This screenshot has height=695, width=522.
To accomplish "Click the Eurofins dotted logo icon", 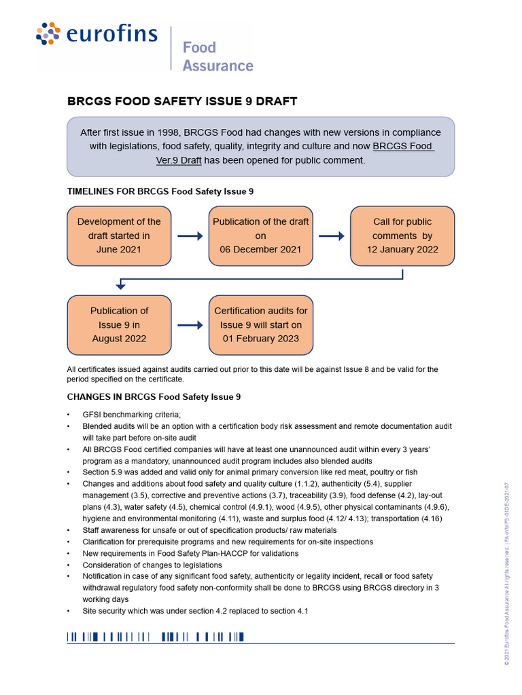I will tap(48, 34).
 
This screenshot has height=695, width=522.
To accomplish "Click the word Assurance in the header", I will tap(217, 66).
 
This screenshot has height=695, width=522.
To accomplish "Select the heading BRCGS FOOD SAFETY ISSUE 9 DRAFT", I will tap(181, 102).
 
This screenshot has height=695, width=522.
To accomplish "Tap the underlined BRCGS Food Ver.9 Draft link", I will tap(404, 146).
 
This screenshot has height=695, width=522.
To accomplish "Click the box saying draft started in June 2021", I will tap(119, 236).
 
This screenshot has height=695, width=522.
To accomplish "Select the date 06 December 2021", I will tap(260, 249).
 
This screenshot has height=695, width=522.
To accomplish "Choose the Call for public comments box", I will tap(402, 236).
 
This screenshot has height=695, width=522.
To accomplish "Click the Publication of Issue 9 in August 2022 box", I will tap(119, 324).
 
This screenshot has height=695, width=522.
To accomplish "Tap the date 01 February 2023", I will tap(260, 338).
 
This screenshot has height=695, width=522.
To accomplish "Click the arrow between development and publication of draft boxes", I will tap(190, 236).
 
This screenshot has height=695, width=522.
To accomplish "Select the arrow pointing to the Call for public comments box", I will tap(331, 236).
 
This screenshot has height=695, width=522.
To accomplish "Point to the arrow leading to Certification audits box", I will tap(190, 325).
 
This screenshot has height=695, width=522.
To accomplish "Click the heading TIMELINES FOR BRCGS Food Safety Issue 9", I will tap(160, 191).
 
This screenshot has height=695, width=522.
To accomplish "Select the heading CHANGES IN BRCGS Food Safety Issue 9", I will tap(154, 396).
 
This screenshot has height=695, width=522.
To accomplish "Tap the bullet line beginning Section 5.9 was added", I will tap(249, 472).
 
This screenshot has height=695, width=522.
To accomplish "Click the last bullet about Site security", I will tap(195, 611).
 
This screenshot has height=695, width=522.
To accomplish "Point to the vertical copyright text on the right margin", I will tap(506, 573).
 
